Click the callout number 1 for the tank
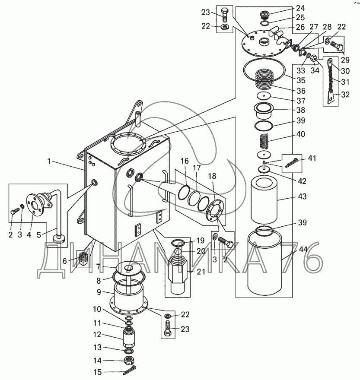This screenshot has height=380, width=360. click(49, 161)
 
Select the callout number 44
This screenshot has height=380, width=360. click(303, 249)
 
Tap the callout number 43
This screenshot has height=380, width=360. click(302, 196)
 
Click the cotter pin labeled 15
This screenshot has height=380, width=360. click(130, 370)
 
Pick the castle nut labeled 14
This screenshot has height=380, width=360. click(129, 361)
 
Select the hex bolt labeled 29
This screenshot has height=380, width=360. click(337, 46)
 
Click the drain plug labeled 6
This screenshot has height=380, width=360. click(83, 258)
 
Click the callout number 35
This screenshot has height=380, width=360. click(300, 80)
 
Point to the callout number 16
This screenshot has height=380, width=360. click(185, 161)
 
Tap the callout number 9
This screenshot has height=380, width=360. click(99, 292)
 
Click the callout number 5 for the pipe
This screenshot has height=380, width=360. click(38, 234)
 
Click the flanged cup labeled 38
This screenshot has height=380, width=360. click(264, 111)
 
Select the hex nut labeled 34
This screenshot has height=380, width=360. click(314, 58)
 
